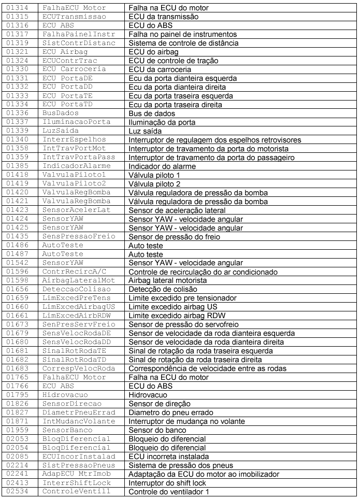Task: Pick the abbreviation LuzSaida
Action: (x=62, y=132)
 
